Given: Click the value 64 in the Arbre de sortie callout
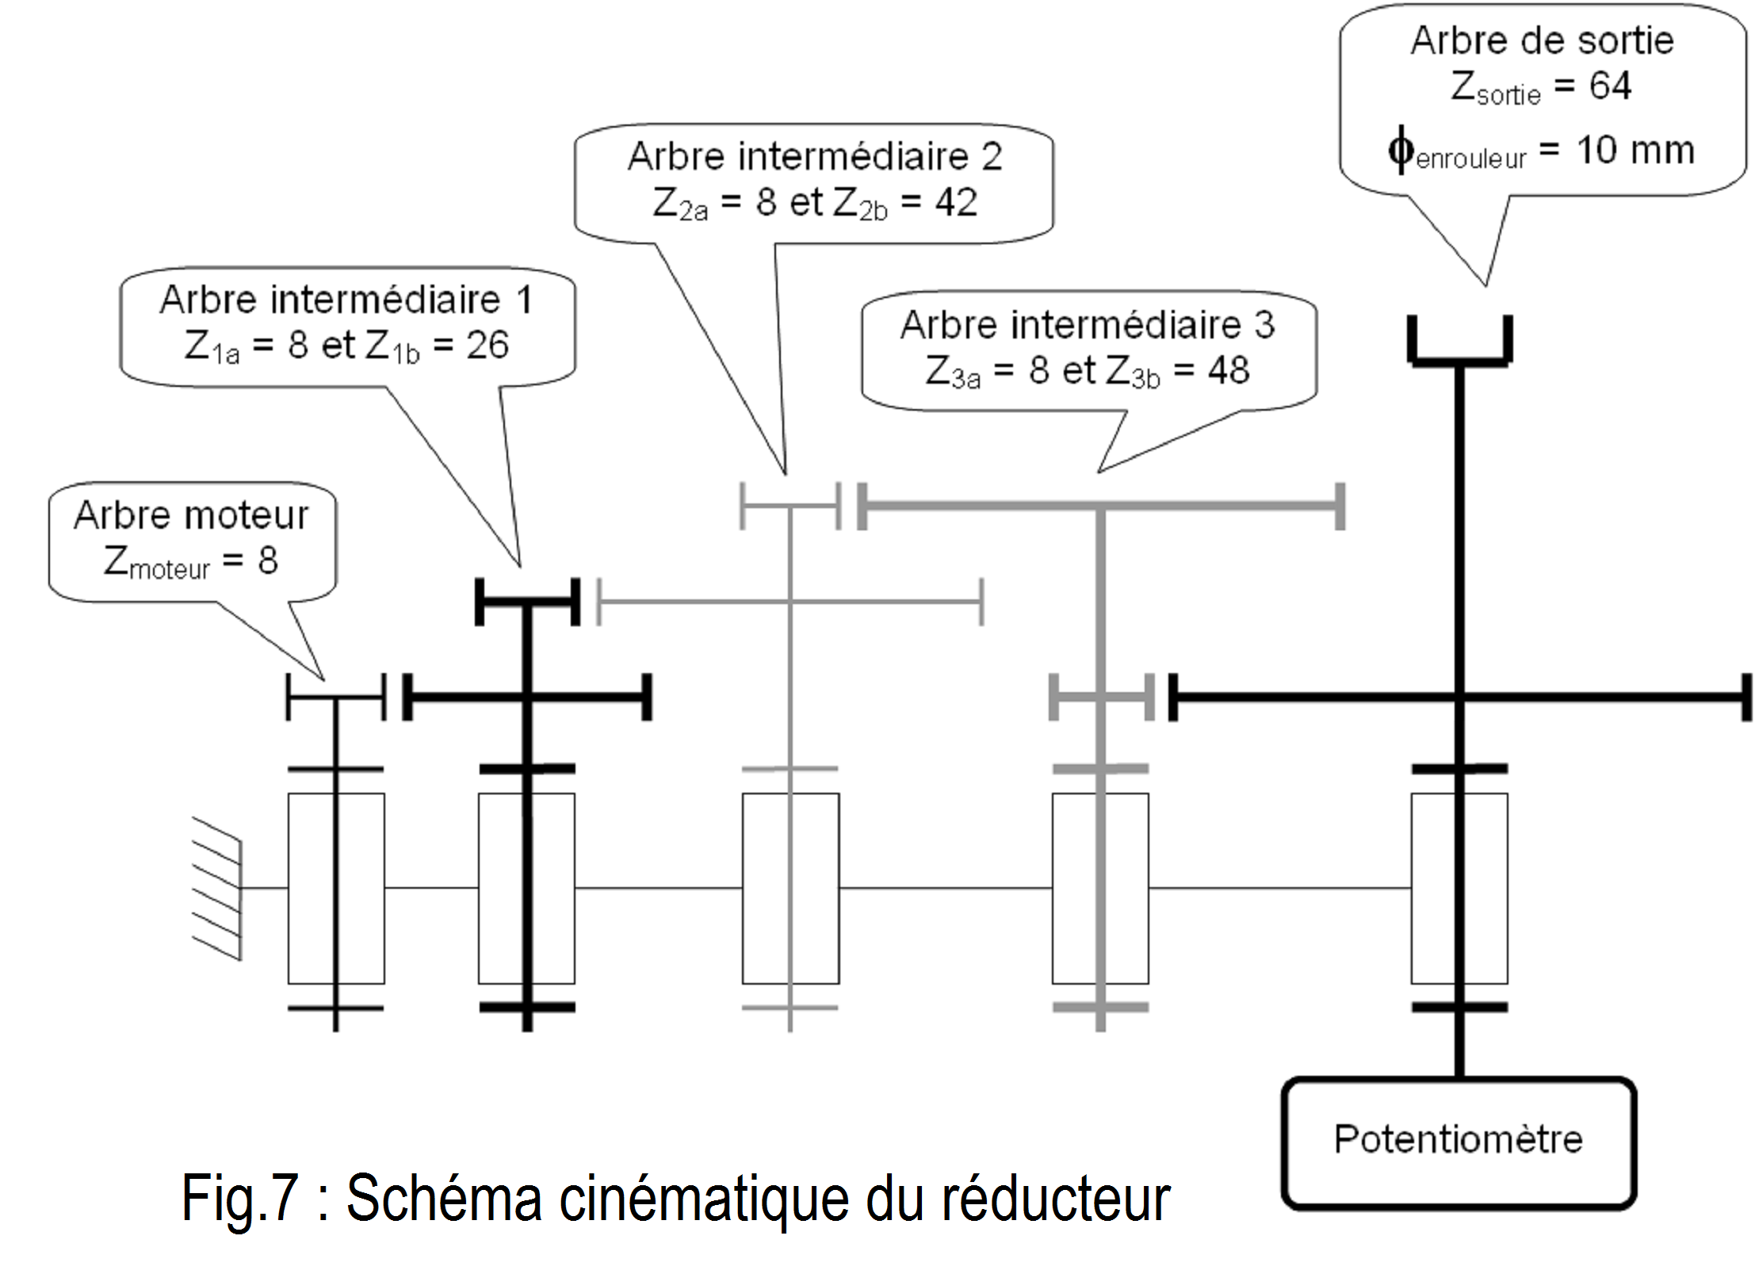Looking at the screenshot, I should (x=1610, y=86).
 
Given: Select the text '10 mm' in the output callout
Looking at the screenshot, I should (x=1635, y=150).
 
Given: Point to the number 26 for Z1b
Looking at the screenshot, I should (x=487, y=346).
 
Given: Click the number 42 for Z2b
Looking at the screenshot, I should (x=955, y=203).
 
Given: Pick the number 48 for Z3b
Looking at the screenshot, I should (x=1228, y=370).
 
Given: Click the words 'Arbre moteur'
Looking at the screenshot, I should (x=191, y=515).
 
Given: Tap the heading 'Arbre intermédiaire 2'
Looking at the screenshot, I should (x=815, y=156).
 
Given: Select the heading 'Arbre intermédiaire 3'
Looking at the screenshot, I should (x=1088, y=325).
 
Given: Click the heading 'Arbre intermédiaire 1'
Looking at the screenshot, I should (x=346, y=300).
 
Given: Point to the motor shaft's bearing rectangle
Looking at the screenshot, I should (x=336, y=888).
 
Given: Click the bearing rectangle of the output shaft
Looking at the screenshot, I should (x=1459, y=888).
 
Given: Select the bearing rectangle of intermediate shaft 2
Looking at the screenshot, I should (x=790, y=888).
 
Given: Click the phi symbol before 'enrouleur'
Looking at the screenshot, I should (x=1401, y=149).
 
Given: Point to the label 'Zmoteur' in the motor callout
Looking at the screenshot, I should (x=157, y=563).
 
